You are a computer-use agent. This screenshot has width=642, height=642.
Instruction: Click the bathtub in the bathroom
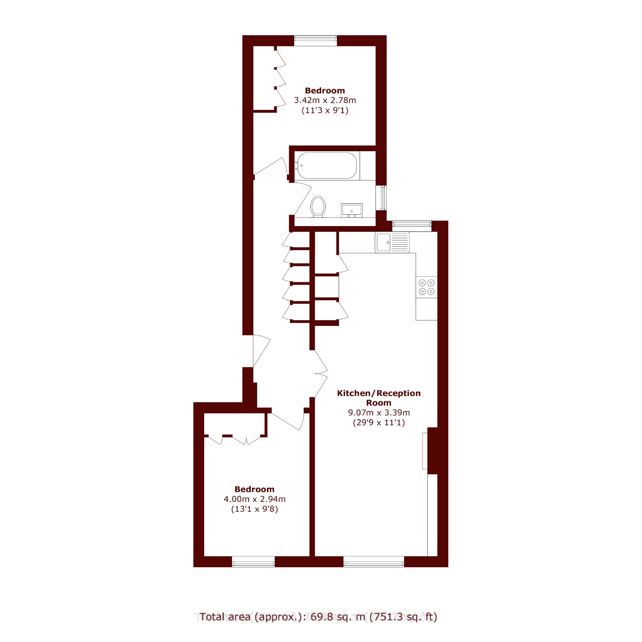pos(327,165)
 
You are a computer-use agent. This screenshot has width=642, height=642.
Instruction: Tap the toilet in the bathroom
pos(318,207)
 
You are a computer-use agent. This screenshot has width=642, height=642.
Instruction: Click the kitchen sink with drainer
pos(392,242)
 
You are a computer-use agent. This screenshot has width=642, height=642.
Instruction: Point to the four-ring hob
pos(426,287)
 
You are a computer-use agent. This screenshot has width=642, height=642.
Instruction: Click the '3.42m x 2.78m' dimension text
pos(325,100)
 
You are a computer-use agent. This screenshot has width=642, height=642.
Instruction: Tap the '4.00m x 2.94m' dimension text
pos(255,499)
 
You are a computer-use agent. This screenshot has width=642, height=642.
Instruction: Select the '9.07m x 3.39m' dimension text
pos(379,412)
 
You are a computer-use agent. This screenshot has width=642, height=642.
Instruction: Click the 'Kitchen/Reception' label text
pos(379,393)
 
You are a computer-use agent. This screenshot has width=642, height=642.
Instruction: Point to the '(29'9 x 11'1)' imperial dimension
pos(379,422)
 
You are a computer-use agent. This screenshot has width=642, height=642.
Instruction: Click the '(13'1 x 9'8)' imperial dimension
pos(255,509)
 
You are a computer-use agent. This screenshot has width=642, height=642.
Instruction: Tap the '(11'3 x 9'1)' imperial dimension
pos(325,110)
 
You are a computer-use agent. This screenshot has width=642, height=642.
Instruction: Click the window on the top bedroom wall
pos(315,41)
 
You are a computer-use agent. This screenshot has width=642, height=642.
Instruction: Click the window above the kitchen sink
pos(412,226)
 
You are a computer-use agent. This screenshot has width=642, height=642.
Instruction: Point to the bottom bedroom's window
pos(253,561)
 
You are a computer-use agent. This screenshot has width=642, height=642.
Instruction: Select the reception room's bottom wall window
pos(374,561)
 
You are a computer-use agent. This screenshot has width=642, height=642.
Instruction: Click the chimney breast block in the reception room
pos(438,451)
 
